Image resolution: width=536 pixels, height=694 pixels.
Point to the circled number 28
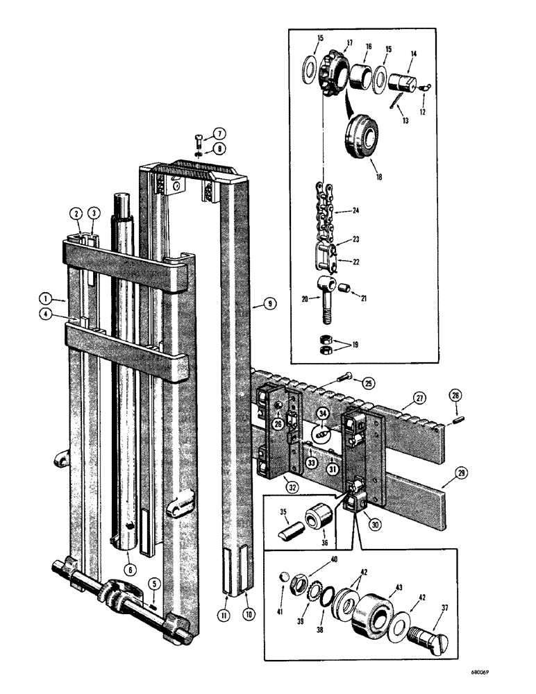[x=455, y=395]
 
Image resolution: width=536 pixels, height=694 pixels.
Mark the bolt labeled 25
[x=345, y=376]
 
